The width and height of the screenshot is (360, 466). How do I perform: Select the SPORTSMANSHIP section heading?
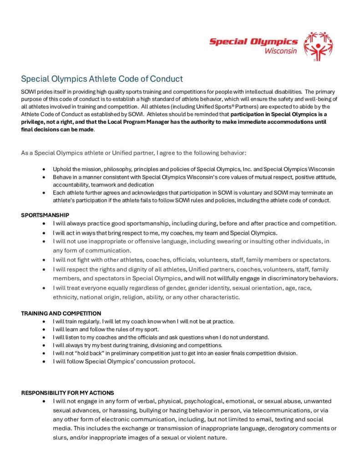(x=45, y=215)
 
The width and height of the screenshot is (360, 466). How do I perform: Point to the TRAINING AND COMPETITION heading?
(x=61, y=313)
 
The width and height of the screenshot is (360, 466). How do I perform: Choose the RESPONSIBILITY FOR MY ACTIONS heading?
(x=67, y=392)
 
